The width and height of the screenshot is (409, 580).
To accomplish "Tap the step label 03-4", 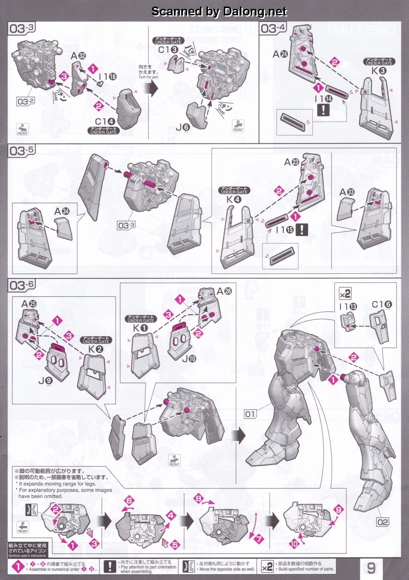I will click(x=273, y=29).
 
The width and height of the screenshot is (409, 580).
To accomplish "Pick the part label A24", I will click(x=280, y=54).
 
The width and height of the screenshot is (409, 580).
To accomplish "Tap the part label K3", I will click(x=379, y=71).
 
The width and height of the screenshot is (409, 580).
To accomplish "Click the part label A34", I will click(x=62, y=211).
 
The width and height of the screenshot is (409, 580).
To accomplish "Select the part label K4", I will click(x=234, y=200).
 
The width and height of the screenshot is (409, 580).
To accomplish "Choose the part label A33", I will click(x=347, y=192).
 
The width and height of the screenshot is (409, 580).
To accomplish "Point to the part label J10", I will click(x=189, y=359).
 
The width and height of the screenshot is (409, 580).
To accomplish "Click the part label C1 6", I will click(x=381, y=305).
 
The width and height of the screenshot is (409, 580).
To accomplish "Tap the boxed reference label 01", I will click(x=250, y=414).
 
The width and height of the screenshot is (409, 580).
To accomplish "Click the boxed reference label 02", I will click(x=383, y=522).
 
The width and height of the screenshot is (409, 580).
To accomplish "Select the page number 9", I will click(x=371, y=567).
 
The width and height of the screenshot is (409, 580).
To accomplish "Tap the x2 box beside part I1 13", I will click(x=345, y=293).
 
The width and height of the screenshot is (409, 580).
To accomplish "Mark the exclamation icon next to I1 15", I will click(x=302, y=230).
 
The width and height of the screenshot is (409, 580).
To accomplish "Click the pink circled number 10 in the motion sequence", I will click(x=294, y=544).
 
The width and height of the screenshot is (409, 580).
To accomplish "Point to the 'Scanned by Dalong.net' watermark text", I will click(x=219, y=12).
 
